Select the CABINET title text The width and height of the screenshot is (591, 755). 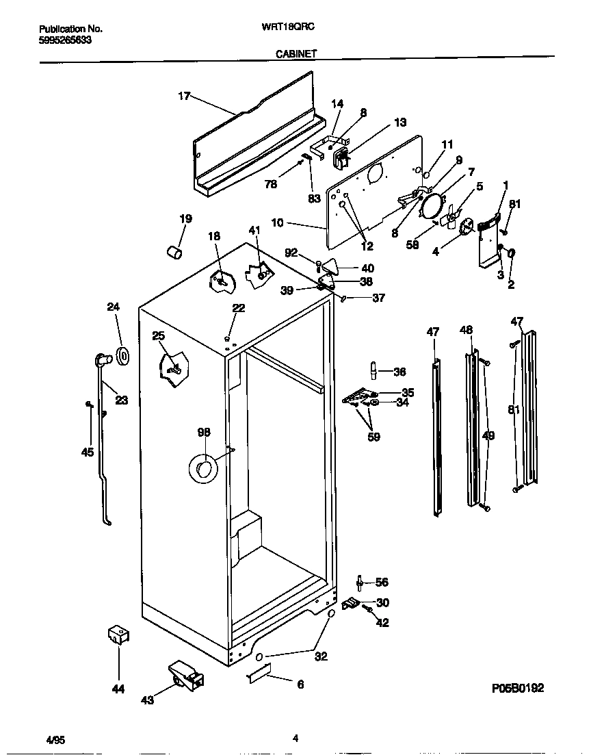pos(296,52)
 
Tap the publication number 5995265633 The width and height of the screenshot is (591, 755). pos(65,40)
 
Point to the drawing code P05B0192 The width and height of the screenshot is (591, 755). pos(517,689)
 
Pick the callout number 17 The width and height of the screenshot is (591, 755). pos(184,97)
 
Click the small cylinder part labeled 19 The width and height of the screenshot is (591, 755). pos(175,253)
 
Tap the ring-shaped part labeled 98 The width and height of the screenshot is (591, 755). pos(202,468)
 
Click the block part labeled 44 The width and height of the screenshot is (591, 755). pos(118,636)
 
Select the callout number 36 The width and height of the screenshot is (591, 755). pos(400,372)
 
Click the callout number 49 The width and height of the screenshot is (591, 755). pos(488,435)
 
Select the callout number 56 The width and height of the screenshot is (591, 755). pos(382,583)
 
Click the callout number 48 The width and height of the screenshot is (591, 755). pos(466,330)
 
